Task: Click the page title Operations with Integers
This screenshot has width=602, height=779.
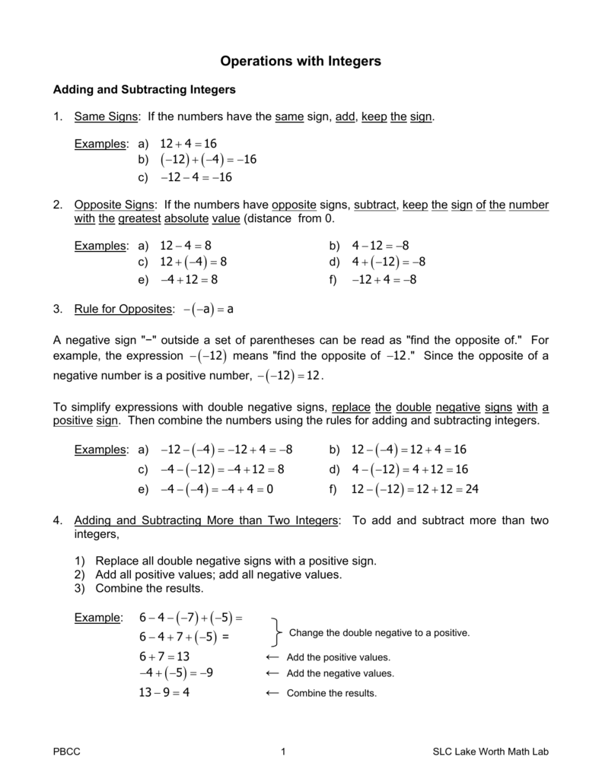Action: pos(301,60)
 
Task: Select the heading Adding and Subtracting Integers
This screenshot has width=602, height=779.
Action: pos(144,90)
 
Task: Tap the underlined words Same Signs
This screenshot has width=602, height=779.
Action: pos(107,116)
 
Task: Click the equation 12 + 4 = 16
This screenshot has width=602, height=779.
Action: pos(189,144)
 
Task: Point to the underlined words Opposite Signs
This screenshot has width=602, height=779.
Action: pos(113,205)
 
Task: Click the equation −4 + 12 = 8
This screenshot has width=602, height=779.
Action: pos(190,279)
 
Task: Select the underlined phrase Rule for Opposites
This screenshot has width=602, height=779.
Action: pos(123,310)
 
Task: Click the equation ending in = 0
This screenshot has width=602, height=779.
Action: pos(217,489)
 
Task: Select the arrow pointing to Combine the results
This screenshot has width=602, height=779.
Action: pos(272,693)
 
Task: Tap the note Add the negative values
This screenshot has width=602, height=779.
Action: pos(340,674)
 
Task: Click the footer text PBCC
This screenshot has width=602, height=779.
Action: pos(66,752)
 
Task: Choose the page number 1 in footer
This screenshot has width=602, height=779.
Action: pos(283,752)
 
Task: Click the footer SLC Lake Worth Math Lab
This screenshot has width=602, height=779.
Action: pos(485,752)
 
